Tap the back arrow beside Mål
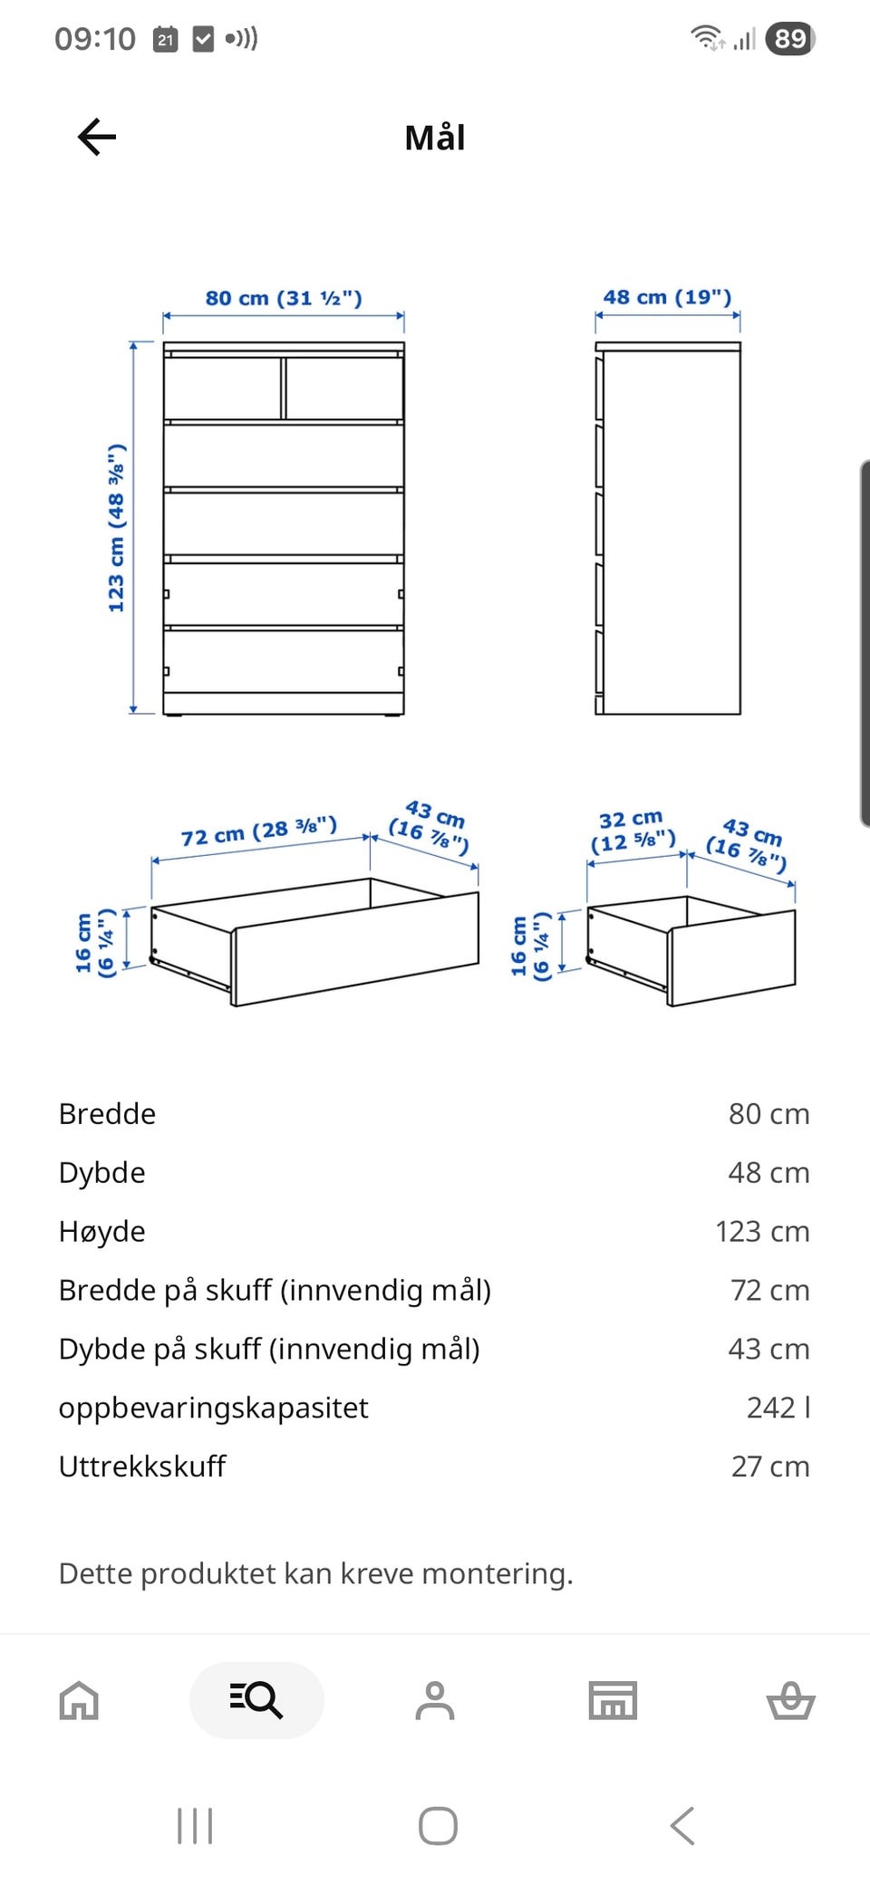[97, 138]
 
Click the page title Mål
[435, 139]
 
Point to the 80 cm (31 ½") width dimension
[284, 298]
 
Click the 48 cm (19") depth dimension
[667, 297]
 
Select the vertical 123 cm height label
[116, 528]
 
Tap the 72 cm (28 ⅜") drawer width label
[258, 831]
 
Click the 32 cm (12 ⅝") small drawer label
[633, 831]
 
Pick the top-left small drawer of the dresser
[222, 388]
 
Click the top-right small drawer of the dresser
[344, 388]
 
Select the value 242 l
[778, 1408]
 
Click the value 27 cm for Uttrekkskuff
[770, 1466]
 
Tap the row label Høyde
[101, 1232]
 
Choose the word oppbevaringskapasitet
[213, 1408]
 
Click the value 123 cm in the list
[762, 1232]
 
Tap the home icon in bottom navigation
[79, 1700]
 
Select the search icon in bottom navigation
[256, 1700]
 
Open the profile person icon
[435, 1700]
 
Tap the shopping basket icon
[790, 1700]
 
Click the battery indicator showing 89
[790, 38]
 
